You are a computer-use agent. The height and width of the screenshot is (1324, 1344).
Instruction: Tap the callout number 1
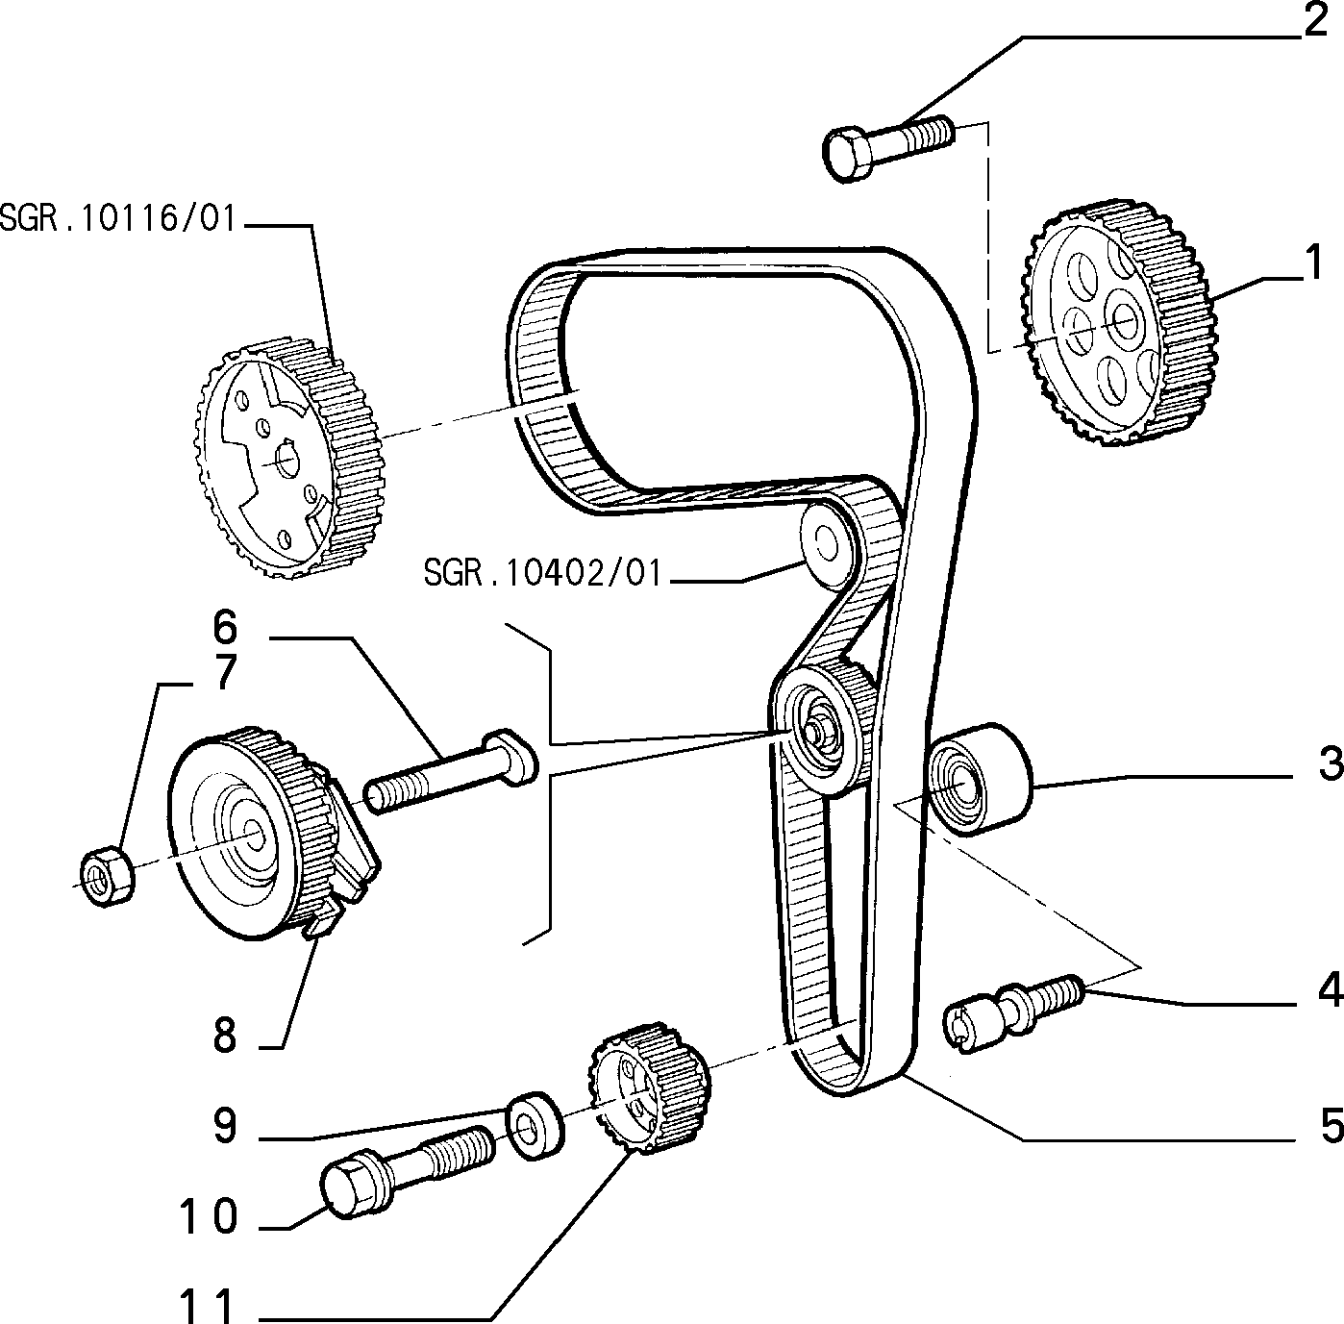click(1313, 262)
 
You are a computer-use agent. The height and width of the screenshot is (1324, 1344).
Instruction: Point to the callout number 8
click(225, 1036)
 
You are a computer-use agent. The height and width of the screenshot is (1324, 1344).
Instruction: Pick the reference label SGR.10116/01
click(118, 218)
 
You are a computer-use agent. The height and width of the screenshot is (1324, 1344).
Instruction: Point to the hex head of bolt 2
click(849, 155)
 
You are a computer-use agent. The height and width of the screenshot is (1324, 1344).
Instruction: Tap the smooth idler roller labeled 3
click(980, 779)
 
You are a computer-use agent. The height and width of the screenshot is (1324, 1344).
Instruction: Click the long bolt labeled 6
click(451, 771)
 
